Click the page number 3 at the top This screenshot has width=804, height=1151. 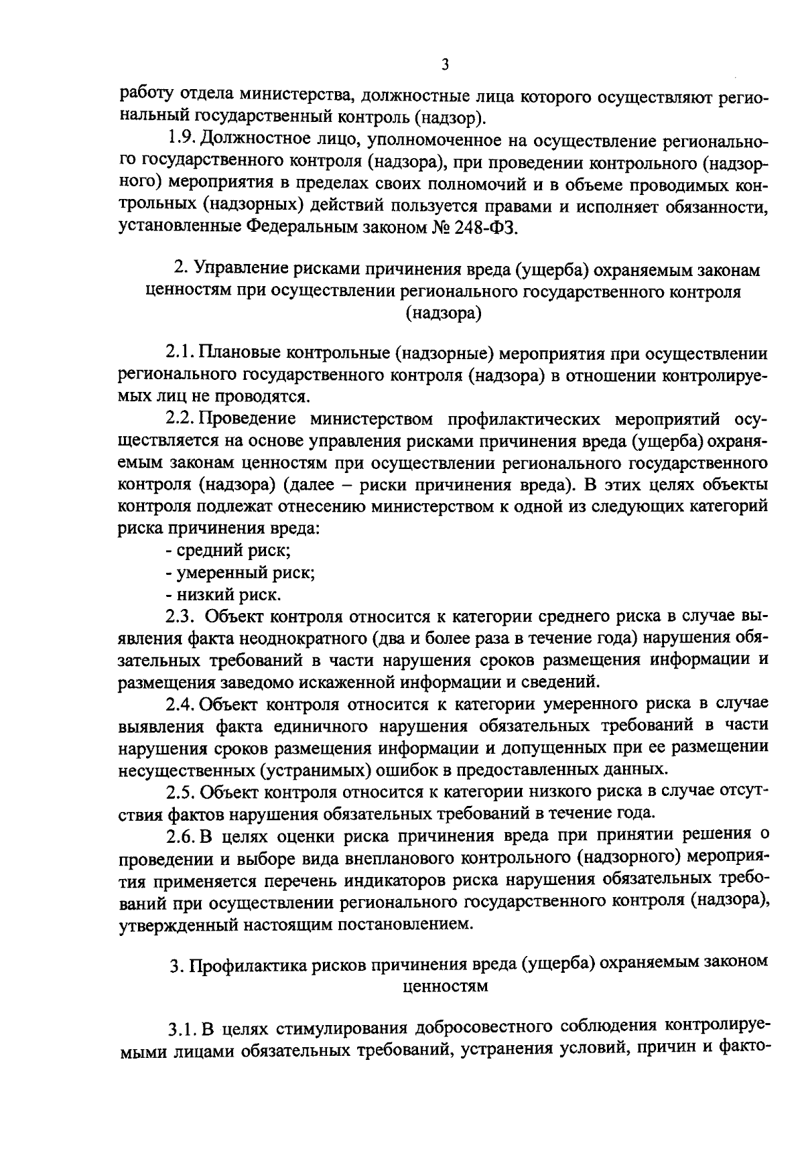[445, 64]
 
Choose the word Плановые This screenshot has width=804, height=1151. [236, 353]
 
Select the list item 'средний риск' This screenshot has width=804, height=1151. [228, 551]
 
